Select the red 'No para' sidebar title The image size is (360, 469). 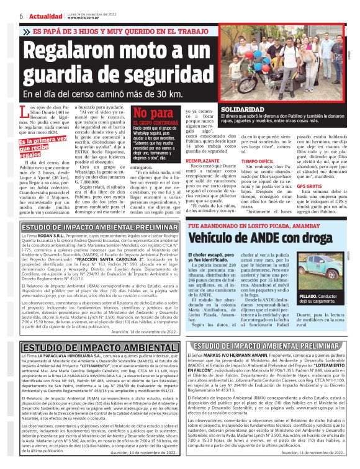(x=152, y=114)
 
